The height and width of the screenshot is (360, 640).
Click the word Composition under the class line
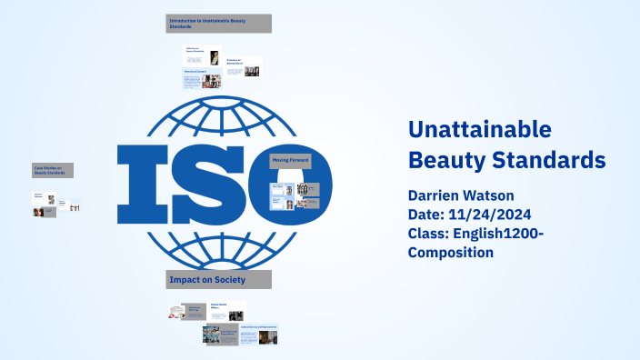451,253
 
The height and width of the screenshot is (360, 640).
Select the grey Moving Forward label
291,161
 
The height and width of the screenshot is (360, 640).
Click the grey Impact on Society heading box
219,279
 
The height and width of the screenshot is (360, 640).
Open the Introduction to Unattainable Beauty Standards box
218,23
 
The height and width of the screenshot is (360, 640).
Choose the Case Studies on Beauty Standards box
53,170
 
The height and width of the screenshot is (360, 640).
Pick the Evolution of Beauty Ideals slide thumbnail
243,67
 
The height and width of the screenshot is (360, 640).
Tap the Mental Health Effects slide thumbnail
227,310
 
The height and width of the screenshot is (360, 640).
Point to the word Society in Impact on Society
228,279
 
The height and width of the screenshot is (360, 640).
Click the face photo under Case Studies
39,212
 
